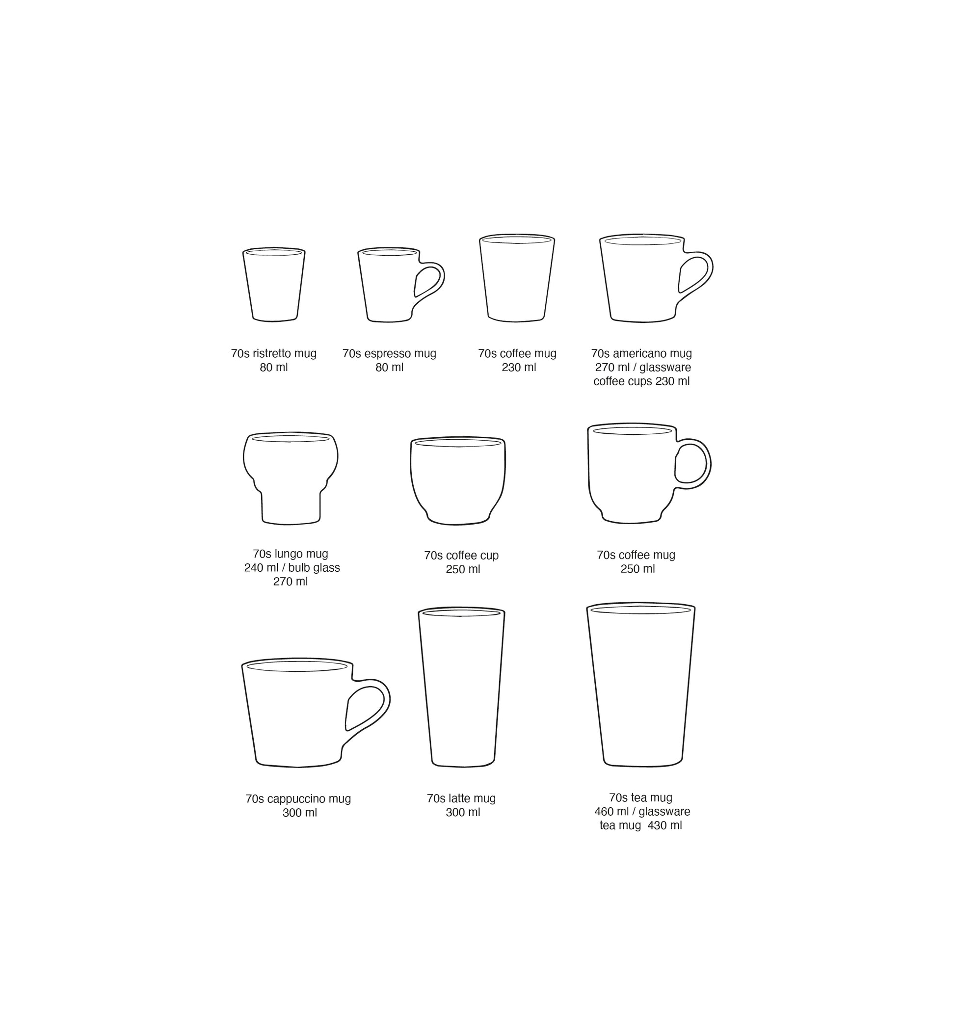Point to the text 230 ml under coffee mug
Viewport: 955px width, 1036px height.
tap(518, 368)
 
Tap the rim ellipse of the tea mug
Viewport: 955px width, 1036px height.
tap(640, 610)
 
